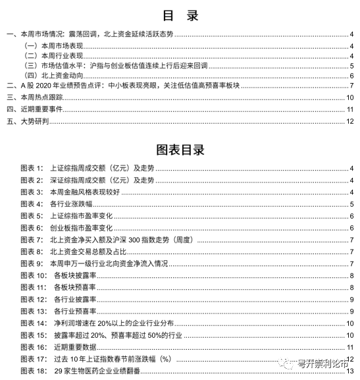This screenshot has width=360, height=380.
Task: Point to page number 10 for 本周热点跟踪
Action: tap(351, 97)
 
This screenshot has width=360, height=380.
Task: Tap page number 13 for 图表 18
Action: tap(351, 371)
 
